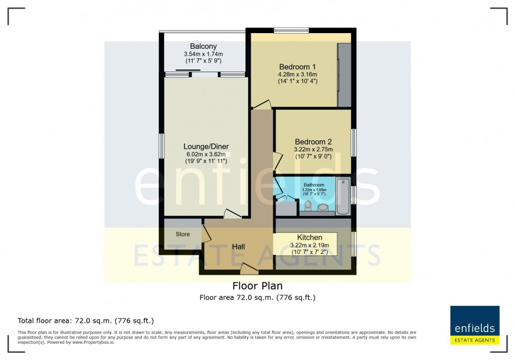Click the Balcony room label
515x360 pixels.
pyautogui.click(x=203, y=46)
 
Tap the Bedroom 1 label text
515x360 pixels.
pyautogui.click(x=297, y=67)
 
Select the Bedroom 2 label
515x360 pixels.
pyautogui.click(x=313, y=142)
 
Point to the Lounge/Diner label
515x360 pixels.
pyautogui.click(x=206, y=146)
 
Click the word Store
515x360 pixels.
pyautogui.click(x=182, y=234)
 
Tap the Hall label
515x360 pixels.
pyautogui.click(x=239, y=246)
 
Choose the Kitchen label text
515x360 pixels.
pyautogui.click(x=310, y=238)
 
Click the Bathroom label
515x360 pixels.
pyautogui.click(x=313, y=184)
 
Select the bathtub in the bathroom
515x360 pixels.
pyautogui.click(x=343, y=197)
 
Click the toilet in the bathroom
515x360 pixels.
pyautogui.click(x=308, y=205)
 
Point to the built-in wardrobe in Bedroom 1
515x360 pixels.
pyautogui.click(x=344, y=75)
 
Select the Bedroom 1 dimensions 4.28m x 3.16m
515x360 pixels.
pyautogui.click(x=297, y=75)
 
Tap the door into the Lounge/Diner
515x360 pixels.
pyautogui.click(x=232, y=214)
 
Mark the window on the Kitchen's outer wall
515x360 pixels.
pyautogui.click(x=354, y=244)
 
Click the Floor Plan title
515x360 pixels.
pyautogui.click(x=257, y=286)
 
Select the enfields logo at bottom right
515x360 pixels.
pyautogui.click(x=475, y=325)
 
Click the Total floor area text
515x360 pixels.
pyautogui.click(x=86, y=321)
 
